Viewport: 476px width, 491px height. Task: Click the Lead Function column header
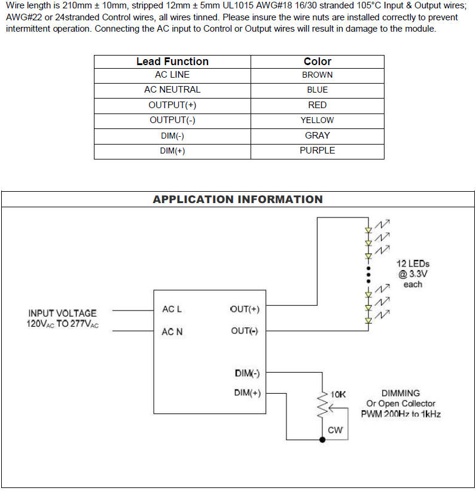172,62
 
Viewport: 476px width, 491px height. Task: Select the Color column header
317,62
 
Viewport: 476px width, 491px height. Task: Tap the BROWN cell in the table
317,75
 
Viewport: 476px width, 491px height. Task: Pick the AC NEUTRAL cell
172,90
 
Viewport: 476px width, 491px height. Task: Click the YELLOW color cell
317,120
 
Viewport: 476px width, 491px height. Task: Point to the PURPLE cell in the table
317,151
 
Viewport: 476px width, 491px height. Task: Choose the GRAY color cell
317,136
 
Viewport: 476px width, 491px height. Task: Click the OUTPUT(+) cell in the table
172,105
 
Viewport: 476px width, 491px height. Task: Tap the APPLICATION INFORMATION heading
237,200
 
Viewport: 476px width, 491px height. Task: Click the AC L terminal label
172,309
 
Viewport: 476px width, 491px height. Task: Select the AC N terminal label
172,332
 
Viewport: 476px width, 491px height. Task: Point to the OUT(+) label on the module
244,309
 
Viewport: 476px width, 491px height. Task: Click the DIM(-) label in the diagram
247,374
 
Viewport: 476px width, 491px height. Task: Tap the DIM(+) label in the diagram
247,393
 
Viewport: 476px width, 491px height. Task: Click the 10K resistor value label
338,395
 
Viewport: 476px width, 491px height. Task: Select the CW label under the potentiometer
335,429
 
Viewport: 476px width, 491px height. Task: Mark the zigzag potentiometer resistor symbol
323,407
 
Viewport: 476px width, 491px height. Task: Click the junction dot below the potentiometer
323,440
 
